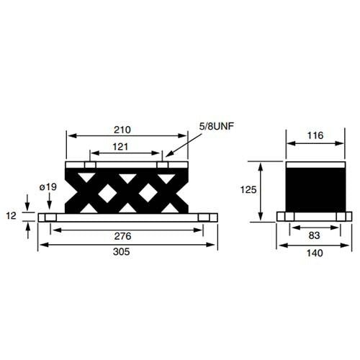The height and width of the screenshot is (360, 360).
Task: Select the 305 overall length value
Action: [127, 253]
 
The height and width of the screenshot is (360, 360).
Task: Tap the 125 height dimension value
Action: [248, 190]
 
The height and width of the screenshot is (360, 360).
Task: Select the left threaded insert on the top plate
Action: [89, 166]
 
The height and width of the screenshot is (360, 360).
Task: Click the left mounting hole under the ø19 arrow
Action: [49, 217]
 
